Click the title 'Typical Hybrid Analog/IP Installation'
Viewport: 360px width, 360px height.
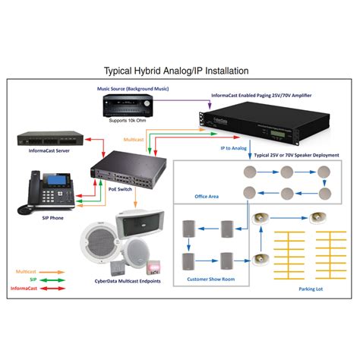tap(180, 71)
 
